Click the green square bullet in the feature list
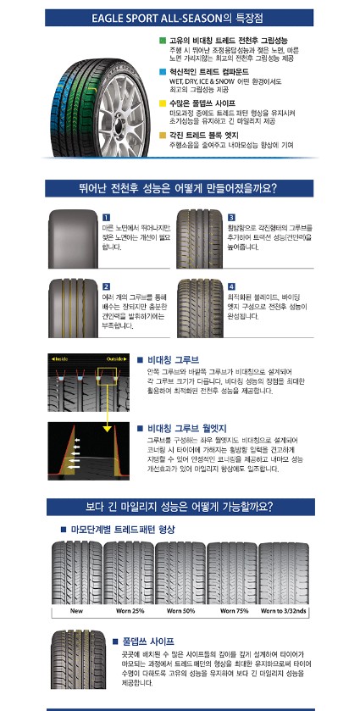163,40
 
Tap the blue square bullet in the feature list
163,72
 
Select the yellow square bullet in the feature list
163,103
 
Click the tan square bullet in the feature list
163,135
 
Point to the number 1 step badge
105,218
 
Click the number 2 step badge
105,286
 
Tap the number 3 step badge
231,218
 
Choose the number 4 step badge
231,286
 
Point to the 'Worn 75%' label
233,609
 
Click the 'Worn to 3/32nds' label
285,609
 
